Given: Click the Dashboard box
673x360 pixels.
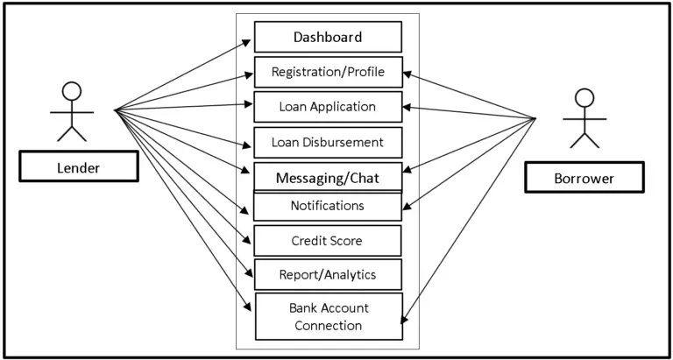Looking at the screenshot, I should click(x=328, y=38).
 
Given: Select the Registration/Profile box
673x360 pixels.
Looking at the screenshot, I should click(x=328, y=72).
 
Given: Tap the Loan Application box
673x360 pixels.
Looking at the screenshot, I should click(x=328, y=107).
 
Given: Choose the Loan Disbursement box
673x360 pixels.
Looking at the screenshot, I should click(x=328, y=141).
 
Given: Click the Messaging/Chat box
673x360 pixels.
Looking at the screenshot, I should click(x=328, y=177).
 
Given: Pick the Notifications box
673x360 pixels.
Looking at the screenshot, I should click(x=328, y=206).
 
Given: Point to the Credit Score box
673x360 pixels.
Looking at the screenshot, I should click(x=328, y=240).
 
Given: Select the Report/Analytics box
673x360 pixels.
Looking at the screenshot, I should click(x=328, y=274).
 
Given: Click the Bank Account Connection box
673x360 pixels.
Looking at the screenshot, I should click(x=328, y=316).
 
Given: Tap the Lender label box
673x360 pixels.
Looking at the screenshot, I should click(x=79, y=166).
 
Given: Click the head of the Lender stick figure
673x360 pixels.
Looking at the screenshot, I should click(x=72, y=90).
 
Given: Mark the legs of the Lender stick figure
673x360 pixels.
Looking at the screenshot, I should click(x=72, y=132).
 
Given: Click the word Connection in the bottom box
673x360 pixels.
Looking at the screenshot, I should click(x=328, y=326).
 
